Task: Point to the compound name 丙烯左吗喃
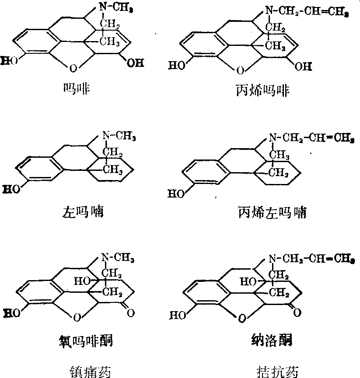272,213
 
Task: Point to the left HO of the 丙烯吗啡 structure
176,66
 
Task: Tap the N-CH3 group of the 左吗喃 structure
119,136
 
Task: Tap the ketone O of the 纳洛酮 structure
297,313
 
